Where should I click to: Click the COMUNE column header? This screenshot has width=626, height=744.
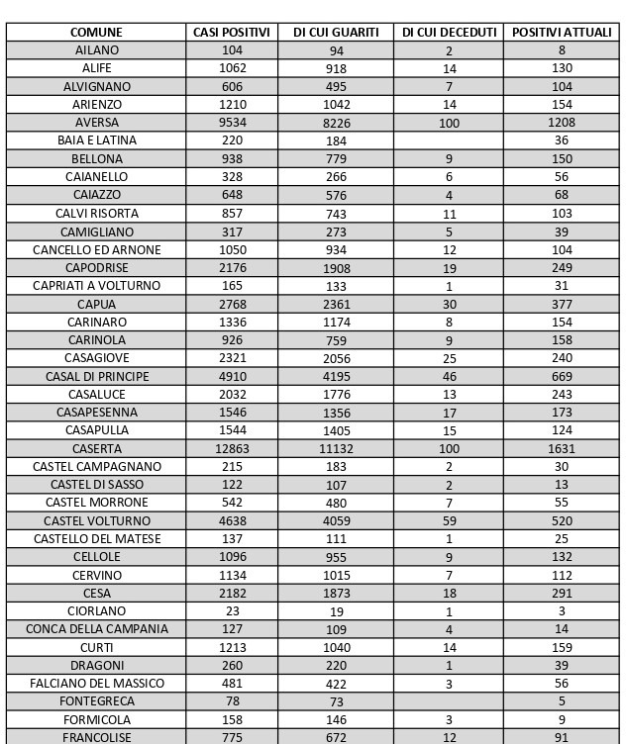tap(96, 32)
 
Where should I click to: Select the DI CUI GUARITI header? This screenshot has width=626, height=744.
tap(336, 32)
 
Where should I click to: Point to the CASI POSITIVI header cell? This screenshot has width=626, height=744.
tap(232, 32)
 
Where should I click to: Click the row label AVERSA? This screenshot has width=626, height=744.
tap(96, 123)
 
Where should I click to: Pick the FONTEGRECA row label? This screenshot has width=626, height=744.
tap(96, 701)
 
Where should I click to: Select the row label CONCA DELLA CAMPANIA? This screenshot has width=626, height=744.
tap(96, 629)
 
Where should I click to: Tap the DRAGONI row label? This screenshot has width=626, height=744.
tap(96, 665)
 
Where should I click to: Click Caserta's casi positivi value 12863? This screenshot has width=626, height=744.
tap(232, 448)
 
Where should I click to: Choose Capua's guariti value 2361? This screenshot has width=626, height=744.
tap(336, 304)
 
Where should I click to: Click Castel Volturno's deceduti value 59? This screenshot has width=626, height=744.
tap(449, 520)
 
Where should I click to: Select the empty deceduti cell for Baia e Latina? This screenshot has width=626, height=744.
tap(449, 140)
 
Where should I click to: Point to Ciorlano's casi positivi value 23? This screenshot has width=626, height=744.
tap(232, 611)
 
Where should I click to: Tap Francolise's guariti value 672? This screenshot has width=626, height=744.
tap(336, 738)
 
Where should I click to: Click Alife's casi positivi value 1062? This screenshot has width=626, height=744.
tap(232, 68)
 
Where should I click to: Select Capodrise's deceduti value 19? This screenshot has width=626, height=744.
tap(449, 268)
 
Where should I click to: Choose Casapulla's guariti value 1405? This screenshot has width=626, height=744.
tap(336, 430)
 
